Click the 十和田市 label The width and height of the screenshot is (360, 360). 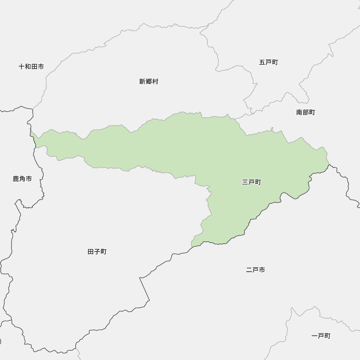coord(31,67)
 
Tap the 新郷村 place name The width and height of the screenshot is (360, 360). coord(149,82)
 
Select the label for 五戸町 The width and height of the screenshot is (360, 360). coord(269,62)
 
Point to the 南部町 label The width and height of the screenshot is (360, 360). coord(306,112)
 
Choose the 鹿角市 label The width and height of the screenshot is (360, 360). coord(22,179)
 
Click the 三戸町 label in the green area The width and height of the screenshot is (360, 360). coord(252,183)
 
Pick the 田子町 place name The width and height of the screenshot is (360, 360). coord(97,252)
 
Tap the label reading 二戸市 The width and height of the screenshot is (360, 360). coord(256,270)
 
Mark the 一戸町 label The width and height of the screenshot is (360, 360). coord(321,336)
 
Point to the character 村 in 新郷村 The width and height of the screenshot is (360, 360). coord(155,82)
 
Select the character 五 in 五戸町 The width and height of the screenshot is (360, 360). coord(262,62)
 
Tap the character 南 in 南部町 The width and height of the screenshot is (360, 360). coord(299,112)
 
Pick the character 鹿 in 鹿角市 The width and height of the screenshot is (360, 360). coord(16,179)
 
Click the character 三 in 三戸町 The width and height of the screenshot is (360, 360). coord(245,183)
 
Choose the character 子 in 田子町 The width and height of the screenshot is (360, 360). coord(97,252)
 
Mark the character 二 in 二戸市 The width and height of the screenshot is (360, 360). coord(249,270)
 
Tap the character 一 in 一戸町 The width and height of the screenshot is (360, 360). coord(315,336)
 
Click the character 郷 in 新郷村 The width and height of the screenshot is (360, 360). coord(149,82)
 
